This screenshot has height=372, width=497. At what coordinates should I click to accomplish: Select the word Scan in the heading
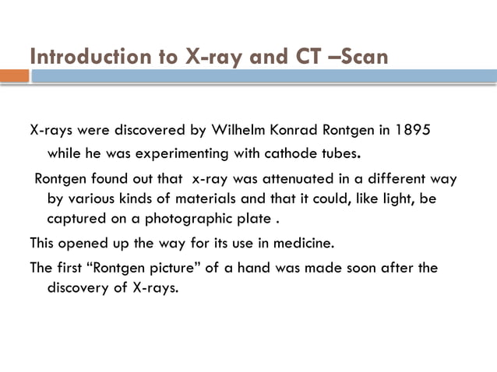click(x=361, y=57)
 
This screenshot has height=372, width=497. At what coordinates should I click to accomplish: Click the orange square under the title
click(x=14, y=76)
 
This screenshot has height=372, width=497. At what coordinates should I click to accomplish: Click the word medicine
click(x=304, y=242)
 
